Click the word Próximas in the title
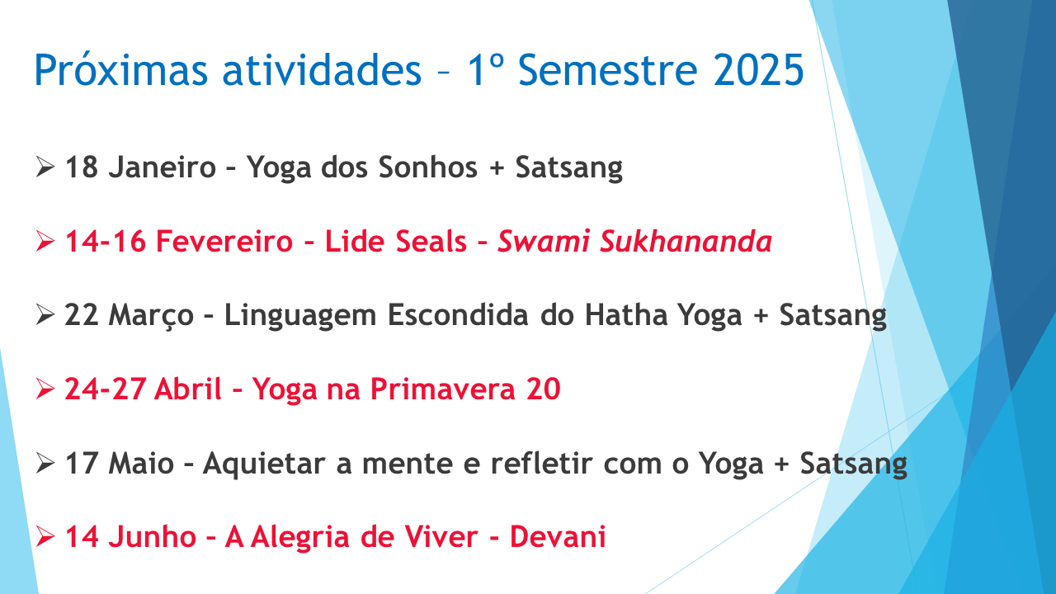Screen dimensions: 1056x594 click(x=120, y=70)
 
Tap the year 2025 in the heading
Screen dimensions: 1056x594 click(x=758, y=70)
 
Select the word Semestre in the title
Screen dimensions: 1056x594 click(x=608, y=70)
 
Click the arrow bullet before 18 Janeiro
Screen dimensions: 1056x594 click(x=45, y=167)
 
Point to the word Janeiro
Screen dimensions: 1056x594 click(x=163, y=167)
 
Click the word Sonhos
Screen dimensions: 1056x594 click(x=428, y=167)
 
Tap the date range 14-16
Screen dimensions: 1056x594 click(x=105, y=242)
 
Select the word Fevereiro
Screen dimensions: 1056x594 click(x=224, y=242)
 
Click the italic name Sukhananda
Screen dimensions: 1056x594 click(x=686, y=242)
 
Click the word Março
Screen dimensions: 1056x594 click(x=151, y=315)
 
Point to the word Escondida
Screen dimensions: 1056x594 click(x=458, y=315)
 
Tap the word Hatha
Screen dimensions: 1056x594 click(x=626, y=315)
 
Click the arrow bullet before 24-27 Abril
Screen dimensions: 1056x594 click(x=45, y=389)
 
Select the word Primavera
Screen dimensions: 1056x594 click(x=443, y=389)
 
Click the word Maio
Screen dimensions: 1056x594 click(x=141, y=463)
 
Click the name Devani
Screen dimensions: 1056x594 click(x=558, y=537)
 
